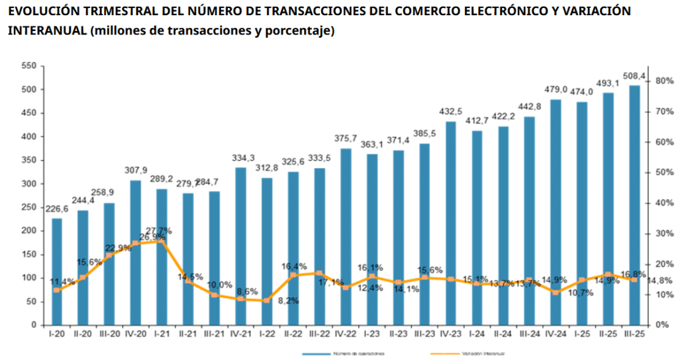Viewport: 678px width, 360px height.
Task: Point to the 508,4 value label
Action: (x=633, y=75)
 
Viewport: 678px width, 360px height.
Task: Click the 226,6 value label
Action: (x=56, y=209)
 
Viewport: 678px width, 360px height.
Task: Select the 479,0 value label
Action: (x=556, y=90)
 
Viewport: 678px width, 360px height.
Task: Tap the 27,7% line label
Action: (x=161, y=231)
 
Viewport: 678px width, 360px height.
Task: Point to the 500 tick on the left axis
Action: (x=28, y=89)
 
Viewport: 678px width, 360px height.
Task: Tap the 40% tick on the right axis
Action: (x=664, y=203)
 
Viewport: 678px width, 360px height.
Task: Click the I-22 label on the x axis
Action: (x=267, y=334)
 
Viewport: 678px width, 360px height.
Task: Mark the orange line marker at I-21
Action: (x=162, y=242)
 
